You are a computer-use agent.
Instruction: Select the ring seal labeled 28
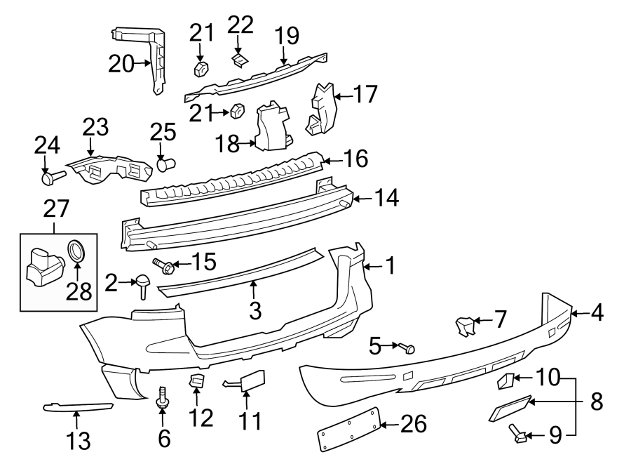tap(76, 251)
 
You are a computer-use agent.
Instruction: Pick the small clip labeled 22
tap(240, 60)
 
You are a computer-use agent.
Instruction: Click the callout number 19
tap(286, 35)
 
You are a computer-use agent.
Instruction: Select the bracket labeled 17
tap(321, 109)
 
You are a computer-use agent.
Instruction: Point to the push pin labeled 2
tap(143, 285)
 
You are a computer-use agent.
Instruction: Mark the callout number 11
tap(250, 421)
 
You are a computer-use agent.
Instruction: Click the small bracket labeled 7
tap(465, 326)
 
